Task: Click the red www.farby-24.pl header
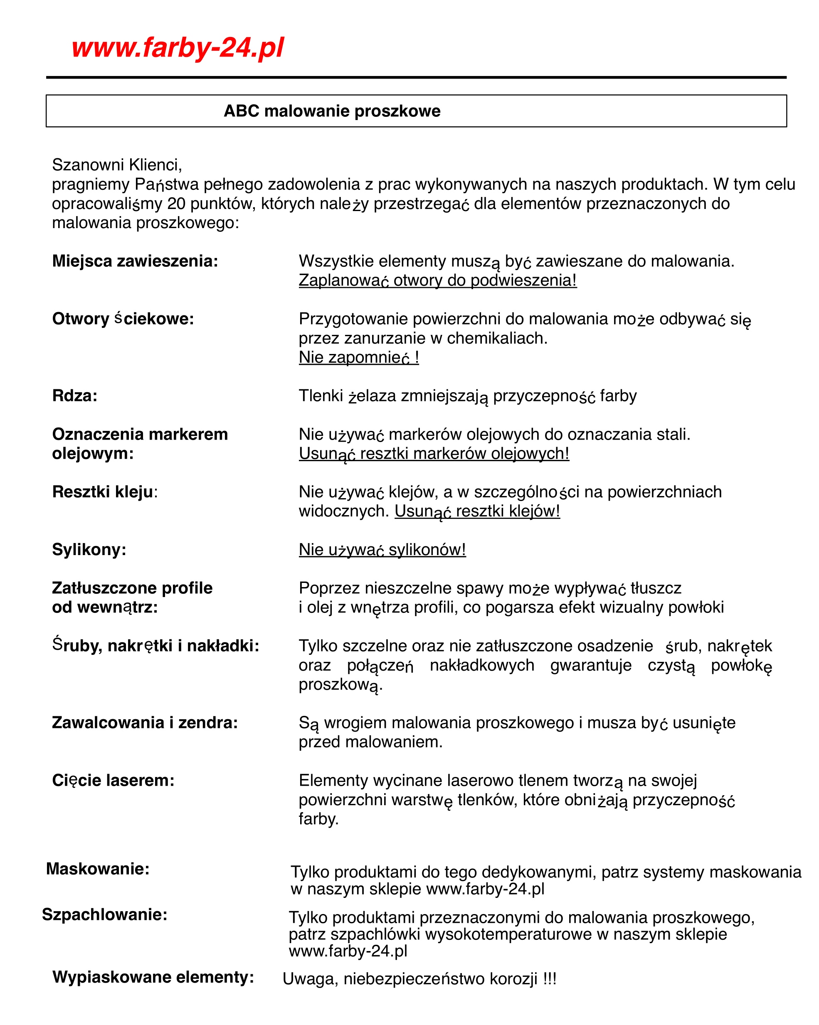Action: point(178,48)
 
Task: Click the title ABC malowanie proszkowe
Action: point(332,111)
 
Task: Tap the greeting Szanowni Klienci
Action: point(116,165)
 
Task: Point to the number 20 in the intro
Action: point(176,204)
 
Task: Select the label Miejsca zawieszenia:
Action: point(135,261)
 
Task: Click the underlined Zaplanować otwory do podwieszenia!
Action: point(437,280)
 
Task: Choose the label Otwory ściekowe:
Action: point(123,319)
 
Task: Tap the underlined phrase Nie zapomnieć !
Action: point(359,357)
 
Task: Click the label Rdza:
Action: point(75,396)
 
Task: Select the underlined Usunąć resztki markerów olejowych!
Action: point(434,454)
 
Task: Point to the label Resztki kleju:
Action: point(105,492)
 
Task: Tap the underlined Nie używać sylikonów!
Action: point(382,550)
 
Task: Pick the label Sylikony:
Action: point(89,550)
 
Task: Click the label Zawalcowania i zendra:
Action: point(145,723)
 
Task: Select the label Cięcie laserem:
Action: point(113,780)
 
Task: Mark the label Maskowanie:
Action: point(98,869)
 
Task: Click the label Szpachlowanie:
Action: point(105,914)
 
